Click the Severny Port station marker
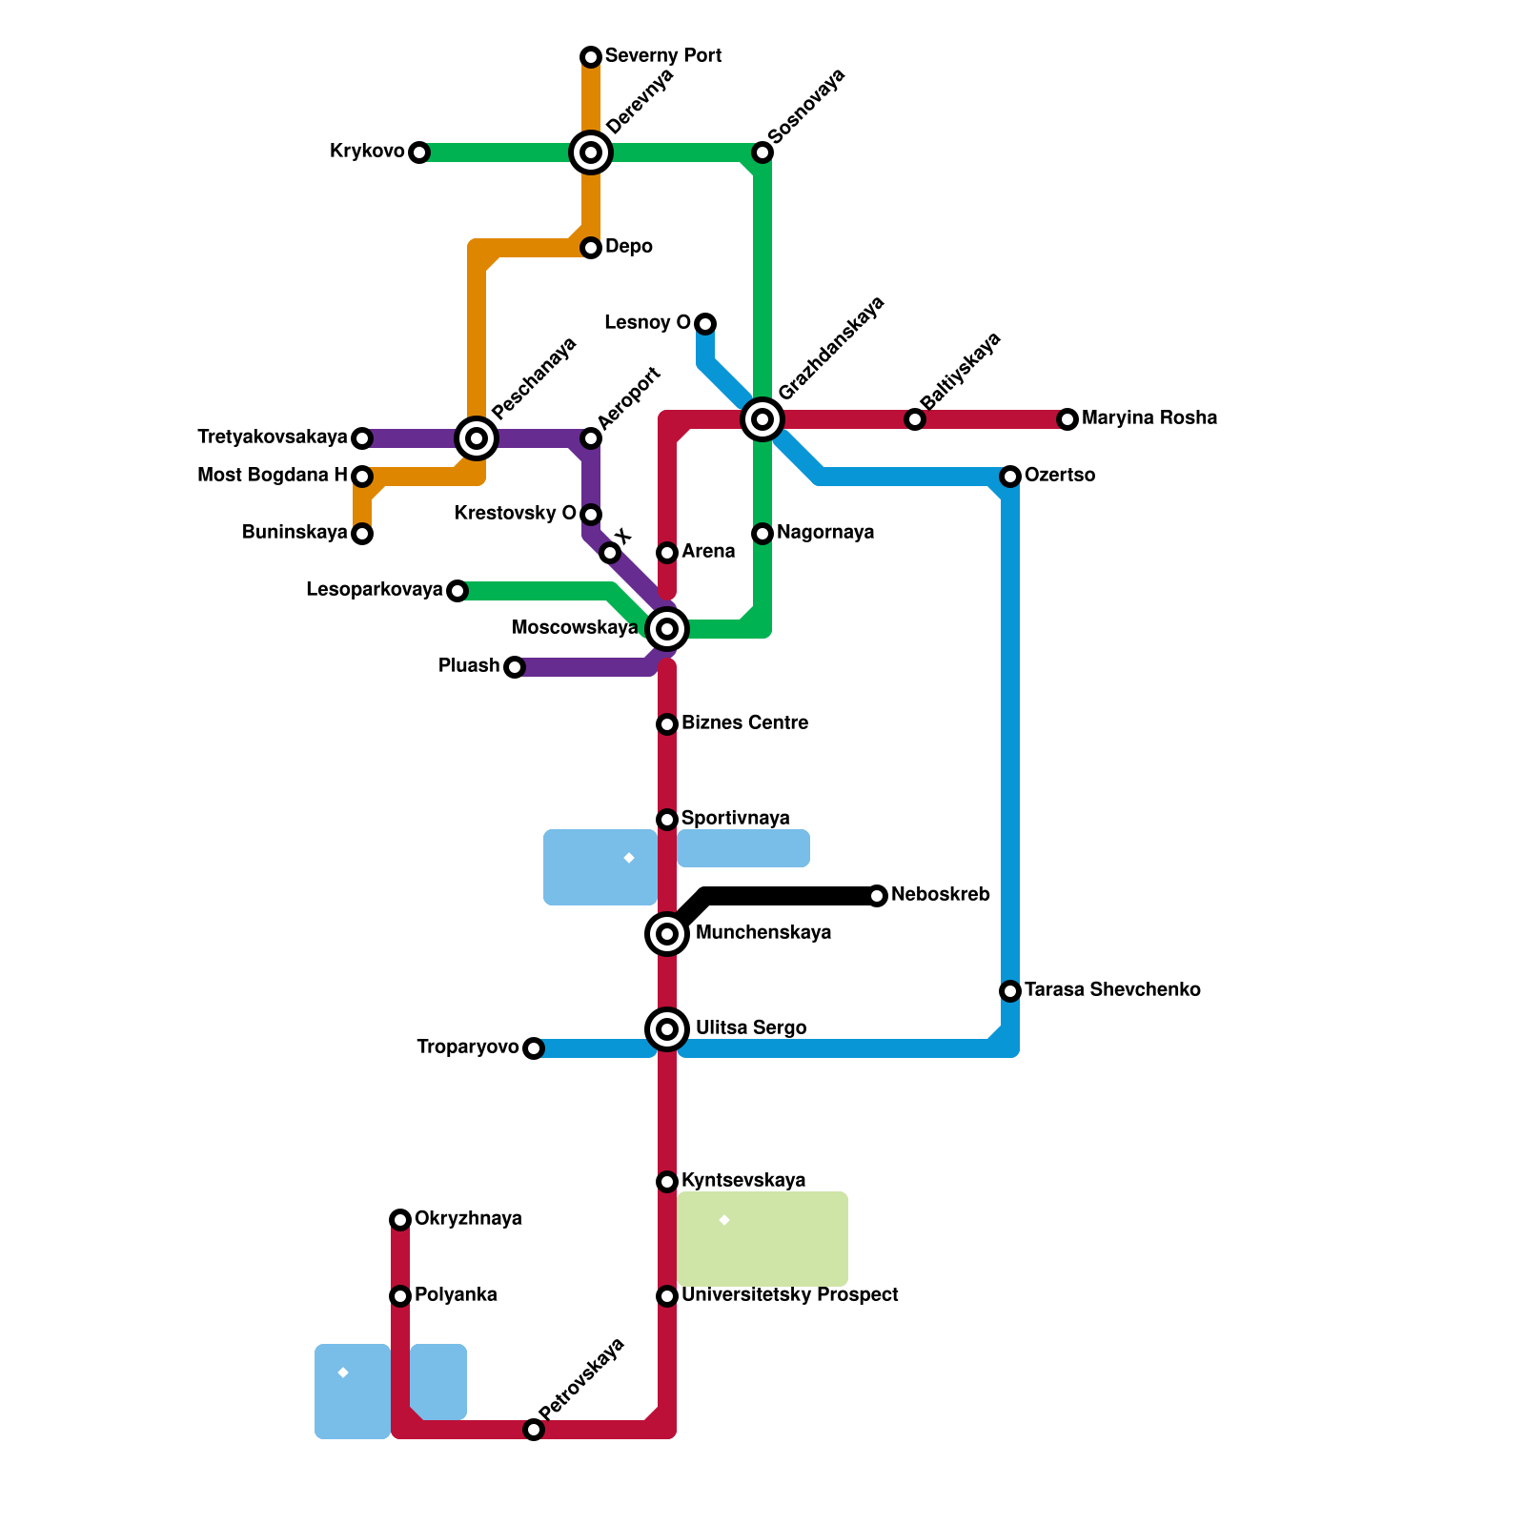point(591,57)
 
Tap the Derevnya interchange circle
point(591,152)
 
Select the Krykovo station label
point(367,152)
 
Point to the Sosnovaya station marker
point(762,152)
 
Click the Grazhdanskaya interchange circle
point(762,419)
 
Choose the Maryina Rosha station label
point(1149,418)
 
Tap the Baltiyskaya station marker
point(915,419)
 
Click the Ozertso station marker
point(1010,477)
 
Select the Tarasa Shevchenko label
point(1112,990)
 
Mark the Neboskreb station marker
point(877,896)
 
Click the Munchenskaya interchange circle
point(667,934)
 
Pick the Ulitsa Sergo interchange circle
point(667,1029)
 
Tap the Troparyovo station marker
point(534,1048)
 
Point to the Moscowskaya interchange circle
point(667,629)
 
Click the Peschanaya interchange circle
point(477,438)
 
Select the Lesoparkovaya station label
point(374,590)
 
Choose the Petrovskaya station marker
point(534,1430)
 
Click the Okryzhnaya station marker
point(400,1220)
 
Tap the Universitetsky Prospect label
point(789,1295)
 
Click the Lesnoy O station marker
point(705,324)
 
